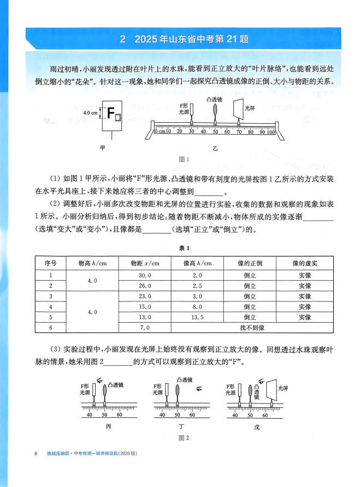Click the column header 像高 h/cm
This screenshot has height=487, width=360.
click(x=198, y=263)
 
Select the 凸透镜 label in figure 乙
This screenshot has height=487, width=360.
click(x=215, y=100)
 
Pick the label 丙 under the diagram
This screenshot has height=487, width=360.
click(x=107, y=426)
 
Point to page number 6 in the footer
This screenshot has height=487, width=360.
click(x=35, y=454)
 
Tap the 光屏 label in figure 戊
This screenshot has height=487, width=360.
click(x=282, y=388)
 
